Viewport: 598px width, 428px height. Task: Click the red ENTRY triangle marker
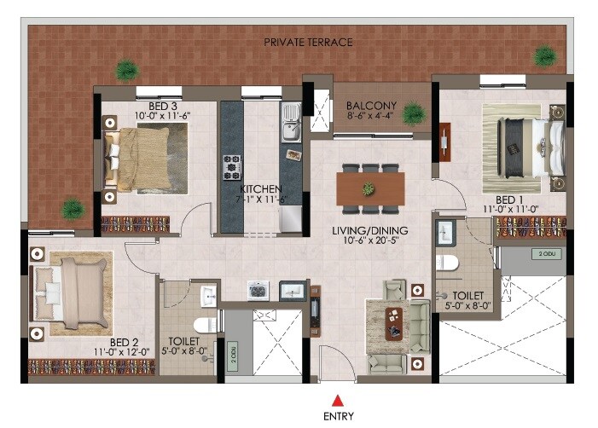[337, 399]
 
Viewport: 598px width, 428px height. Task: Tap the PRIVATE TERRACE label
[307, 42]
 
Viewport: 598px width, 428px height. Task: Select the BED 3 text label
[156, 104]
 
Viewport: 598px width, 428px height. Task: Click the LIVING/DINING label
[370, 231]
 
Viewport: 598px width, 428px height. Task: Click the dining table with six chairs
[370, 188]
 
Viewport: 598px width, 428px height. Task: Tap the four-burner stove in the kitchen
[232, 166]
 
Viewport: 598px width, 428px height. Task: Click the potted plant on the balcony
[413, 113]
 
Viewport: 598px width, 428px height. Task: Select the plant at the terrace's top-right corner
[544, 56]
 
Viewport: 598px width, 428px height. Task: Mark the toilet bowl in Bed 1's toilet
[444, 262]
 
